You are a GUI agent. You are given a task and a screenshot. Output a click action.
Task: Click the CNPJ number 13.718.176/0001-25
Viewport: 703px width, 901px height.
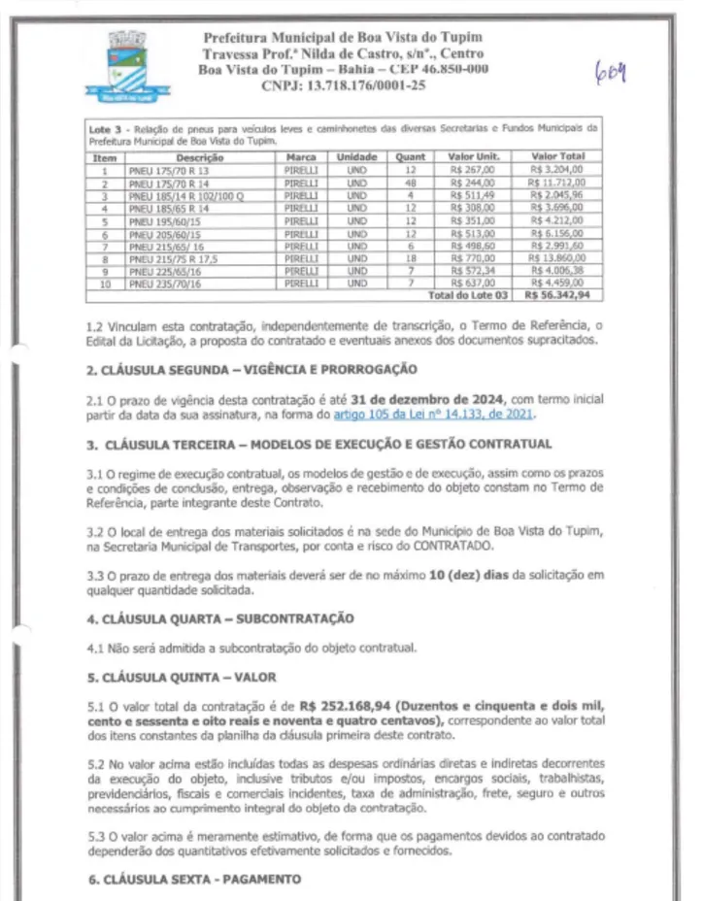click(344, 86)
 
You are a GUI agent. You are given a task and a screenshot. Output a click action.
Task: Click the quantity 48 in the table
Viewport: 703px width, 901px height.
click(411, 180)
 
